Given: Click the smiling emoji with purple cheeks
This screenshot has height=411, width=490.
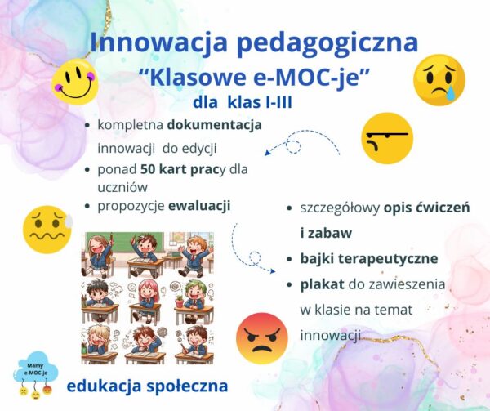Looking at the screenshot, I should (x=74, y=81).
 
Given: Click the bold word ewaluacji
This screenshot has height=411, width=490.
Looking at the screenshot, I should (x=199, y=206).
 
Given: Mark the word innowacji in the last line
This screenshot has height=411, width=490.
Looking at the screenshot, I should (x=330, y=336).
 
